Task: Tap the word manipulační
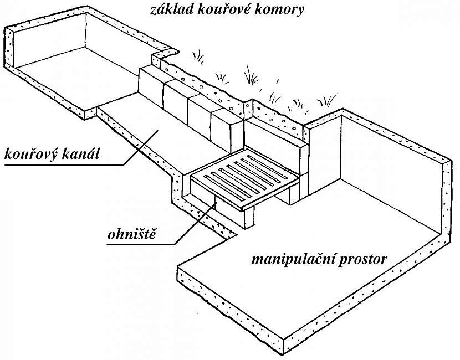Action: point(292,259)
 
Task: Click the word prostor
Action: point(360,259)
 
